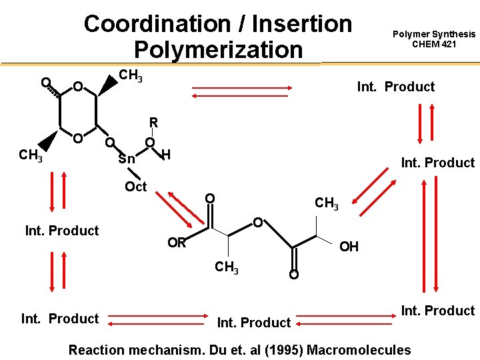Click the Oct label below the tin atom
tap(135, 187)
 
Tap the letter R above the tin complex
tap(153, 123)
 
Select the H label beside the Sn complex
tap(167, 155)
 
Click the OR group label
tap(177, 243)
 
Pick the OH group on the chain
tap(349, 247)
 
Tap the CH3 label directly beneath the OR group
tap(226, 269)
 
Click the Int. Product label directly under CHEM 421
tap(395, 87)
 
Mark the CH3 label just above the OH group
tap(327, 203)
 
